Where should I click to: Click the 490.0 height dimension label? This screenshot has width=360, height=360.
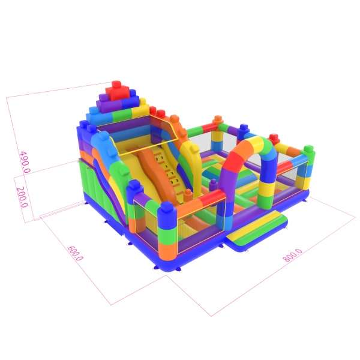25,162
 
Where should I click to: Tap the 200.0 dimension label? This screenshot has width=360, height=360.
22,197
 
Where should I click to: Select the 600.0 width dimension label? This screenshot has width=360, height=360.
75,253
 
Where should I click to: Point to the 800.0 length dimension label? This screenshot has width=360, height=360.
293,255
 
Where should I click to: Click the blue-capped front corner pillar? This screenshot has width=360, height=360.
167,232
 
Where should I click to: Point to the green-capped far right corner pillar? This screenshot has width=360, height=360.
308,167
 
